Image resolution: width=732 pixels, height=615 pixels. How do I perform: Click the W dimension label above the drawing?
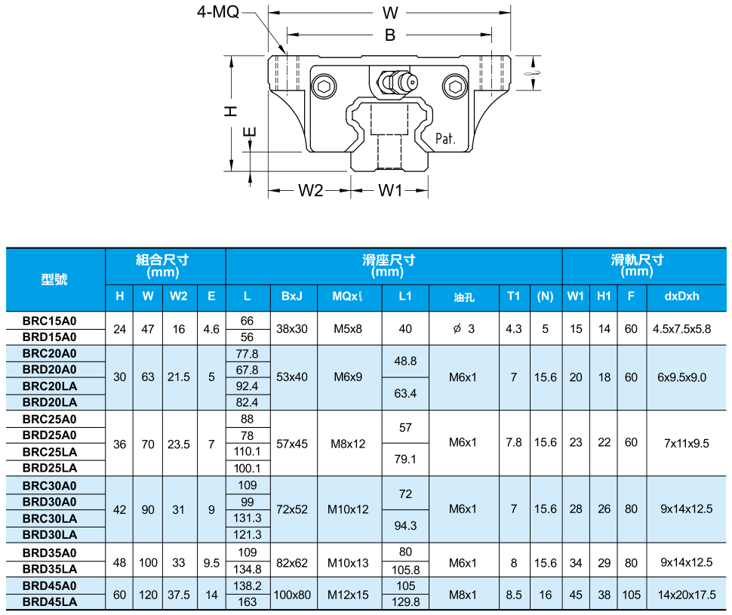click(x=389, y=13)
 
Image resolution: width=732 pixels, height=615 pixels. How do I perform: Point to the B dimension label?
click(x=389, y=35)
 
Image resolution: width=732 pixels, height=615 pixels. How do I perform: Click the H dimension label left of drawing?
click(x=231, y=111)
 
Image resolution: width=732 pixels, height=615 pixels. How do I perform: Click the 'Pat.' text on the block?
click(x=447, y=139)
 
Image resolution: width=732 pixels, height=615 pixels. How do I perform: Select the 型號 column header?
click(x=54, y=279)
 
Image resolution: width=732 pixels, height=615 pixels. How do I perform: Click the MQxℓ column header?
click(x=348, y=297)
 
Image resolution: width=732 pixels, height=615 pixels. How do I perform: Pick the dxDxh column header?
click(x=686, y=297)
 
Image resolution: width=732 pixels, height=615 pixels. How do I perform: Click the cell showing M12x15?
click(x=348, y=595)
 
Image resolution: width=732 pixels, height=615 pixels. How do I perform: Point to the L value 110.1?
click(x=248, y=451)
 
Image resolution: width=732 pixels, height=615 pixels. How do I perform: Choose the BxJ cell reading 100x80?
click(x=292, y=595)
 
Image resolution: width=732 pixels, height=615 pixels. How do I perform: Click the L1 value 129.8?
click(x=405, y=602)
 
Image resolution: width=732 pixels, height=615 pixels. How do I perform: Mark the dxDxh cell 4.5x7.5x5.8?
click(x=686, y=328)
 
